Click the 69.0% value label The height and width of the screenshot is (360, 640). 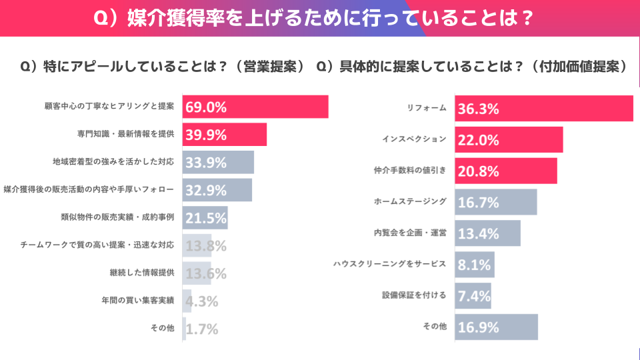click(x=207, y=107)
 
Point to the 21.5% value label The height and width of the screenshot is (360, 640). click(x=207, y=218)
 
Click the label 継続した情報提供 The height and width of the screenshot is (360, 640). click(x=142, y=273)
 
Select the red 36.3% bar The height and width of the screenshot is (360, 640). click(x=543, y=109)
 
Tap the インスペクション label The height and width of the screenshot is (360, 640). click(x=414, y=139)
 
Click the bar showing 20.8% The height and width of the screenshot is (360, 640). click(x=507, y=171)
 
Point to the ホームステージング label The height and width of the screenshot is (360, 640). click(x=410, y=201)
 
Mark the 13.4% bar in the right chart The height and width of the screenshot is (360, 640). click(x=487, y=233)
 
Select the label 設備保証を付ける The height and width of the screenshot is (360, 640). click(x=414, y=295)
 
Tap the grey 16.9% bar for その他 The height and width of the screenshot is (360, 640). click(x=496, y=327)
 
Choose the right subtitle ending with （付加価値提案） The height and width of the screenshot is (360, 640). click(x=473, y=67)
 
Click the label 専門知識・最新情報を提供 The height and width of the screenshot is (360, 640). click(x=126, y=134)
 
